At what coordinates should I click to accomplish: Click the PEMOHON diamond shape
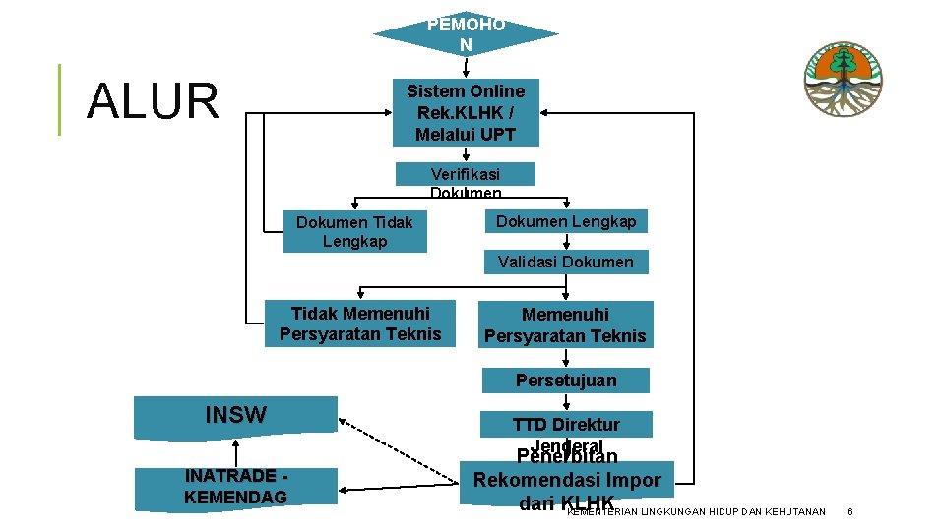click(x=466, y=35)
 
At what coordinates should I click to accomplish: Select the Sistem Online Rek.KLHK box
click(x=466, y=112)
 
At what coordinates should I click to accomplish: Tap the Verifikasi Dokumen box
click(x=466, y=175)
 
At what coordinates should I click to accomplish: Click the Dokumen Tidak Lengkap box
click(x=355, y=232)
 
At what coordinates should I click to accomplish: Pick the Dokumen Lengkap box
click(x=566, y=221)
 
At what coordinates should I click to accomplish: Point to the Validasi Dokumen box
click(x=566, y=262)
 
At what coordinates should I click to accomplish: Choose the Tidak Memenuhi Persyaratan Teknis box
click(x=360, y=324)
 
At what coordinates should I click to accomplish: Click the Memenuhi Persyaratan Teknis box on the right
click(x=565, y=325)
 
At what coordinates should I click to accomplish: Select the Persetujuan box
click(x=566, y=381)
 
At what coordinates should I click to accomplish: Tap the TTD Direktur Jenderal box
click(x=566, y=425)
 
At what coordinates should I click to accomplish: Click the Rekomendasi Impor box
click(x=567, y=482)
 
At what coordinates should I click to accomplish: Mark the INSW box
click(x=236, y=416)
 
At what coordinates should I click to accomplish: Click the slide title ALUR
click(x=153, y=101)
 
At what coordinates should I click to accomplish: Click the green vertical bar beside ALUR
click(x=59, y=99)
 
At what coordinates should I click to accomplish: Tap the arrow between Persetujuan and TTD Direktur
click(x=566, y=401)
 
